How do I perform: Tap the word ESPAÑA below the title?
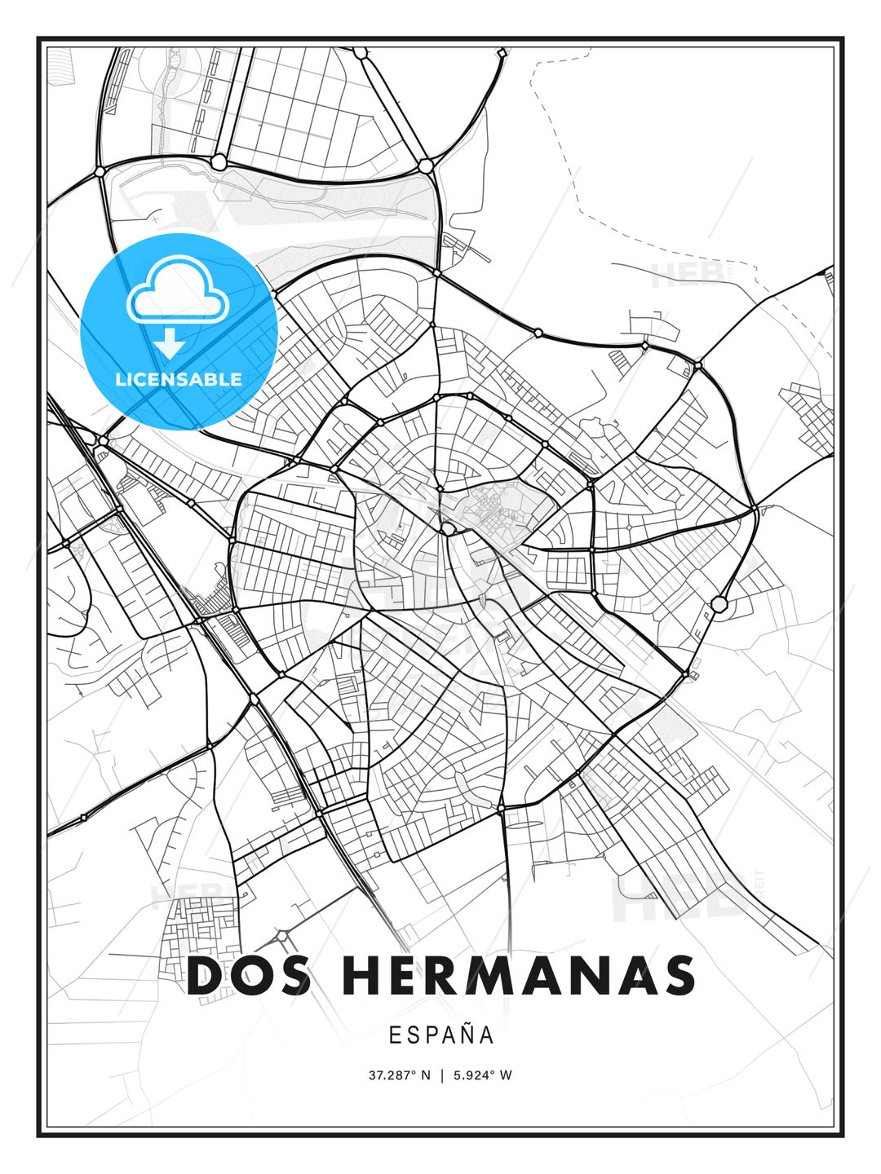(441, 1035)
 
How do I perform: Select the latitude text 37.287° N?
(399, 1075)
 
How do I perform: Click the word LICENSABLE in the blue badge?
(179, 379)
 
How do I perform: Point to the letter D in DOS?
(206, 976)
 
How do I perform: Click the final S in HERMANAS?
(677, 976)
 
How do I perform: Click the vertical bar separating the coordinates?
(441, 1075)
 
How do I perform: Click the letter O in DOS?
(249, 976)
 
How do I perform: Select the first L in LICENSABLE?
(120, 379)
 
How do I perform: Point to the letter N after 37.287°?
(425, 1075)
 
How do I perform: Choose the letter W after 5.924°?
(506, 1075)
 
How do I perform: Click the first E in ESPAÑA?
(394, 1035)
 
